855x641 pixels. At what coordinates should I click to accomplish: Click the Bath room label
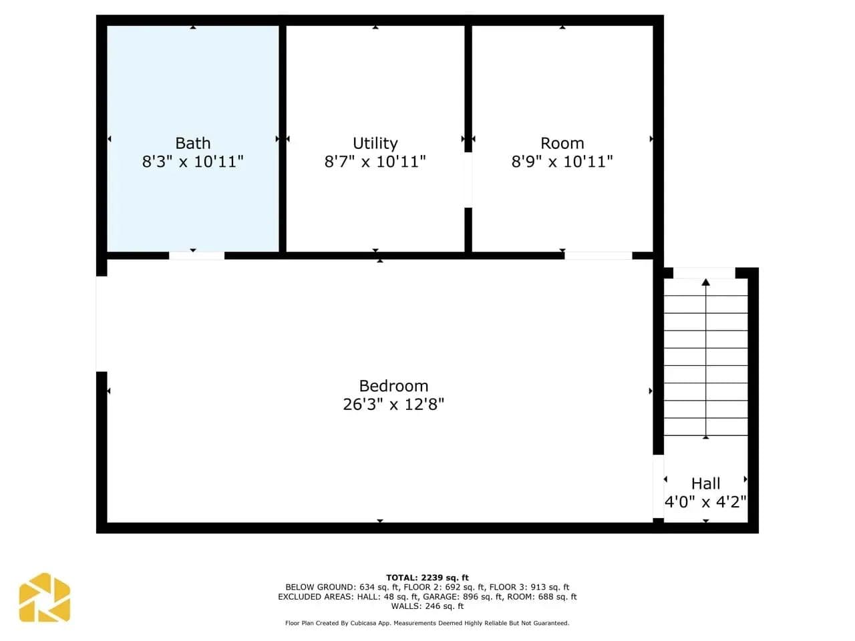[193, 143]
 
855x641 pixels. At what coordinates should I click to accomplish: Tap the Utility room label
[375, 144]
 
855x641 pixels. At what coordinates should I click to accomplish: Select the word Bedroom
[393, 386]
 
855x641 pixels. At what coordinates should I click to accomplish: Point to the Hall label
[705, 484]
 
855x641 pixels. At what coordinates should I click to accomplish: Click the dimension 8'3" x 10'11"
[193, 162]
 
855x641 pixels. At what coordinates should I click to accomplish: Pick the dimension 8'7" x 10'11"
[375, 162]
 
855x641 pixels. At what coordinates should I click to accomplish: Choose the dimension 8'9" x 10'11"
[562, 162]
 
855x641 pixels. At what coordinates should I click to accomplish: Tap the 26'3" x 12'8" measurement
[393, 405]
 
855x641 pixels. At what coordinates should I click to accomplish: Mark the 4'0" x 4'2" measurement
[705, 502]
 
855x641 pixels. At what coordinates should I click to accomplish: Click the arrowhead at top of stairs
[706, 282]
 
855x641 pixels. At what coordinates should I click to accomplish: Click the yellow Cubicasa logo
[44, 597]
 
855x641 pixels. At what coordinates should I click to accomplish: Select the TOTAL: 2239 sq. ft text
[427, 578]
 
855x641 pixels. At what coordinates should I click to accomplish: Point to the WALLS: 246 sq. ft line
[427, 606]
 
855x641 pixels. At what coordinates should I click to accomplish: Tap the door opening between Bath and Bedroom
[196, 256]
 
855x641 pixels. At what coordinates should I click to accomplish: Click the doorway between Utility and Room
[468, 180]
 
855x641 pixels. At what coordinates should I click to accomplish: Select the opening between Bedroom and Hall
[659, 487]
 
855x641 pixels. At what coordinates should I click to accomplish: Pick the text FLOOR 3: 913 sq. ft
[529, 587]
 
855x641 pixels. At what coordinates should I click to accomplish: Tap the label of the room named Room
[562, 143]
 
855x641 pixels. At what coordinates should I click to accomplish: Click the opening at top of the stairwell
[704, 273]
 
